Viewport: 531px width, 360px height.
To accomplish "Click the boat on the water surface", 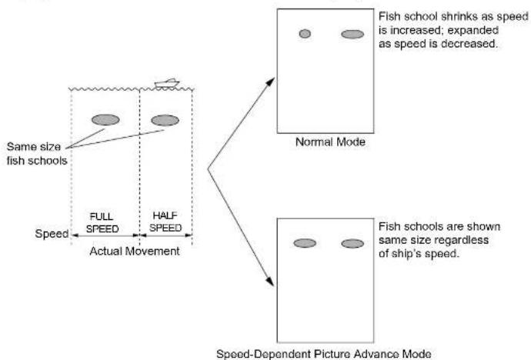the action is tap(167, 83).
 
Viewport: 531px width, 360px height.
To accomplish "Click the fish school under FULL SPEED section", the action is tap(105, 120).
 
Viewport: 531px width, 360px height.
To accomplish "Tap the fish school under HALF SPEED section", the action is tap(165, 120).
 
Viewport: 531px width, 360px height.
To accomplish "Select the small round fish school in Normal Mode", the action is tap(305, 34).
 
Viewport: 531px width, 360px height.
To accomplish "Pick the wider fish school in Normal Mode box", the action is tap(352, 34).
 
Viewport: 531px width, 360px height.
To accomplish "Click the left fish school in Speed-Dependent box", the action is tap(305, 243).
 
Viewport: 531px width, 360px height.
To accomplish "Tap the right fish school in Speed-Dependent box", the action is tap(352, 244).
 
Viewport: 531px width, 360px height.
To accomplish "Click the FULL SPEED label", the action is tap(102, 222).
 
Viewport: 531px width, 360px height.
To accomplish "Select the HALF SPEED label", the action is tap(165, 222).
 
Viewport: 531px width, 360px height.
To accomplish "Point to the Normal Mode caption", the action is tap(330, 142).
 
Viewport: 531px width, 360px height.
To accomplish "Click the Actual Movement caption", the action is tap(135, 251).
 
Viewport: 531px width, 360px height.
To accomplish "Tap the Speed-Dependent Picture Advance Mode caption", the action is tap(324, 354).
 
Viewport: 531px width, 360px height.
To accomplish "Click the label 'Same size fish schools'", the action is tap(37, 154).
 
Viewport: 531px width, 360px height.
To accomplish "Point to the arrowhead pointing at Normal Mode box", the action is tap(271, 82).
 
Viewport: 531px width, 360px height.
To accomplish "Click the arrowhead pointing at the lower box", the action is tap(269, 282).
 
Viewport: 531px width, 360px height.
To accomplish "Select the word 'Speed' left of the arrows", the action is tap(52, 234).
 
